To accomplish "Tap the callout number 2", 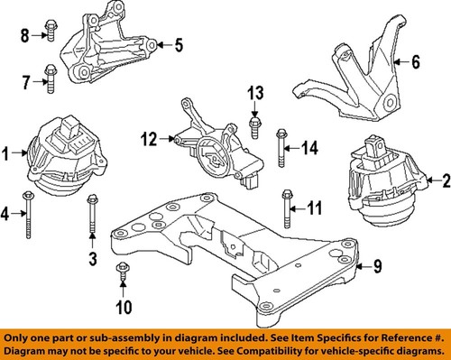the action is tap(444, 182).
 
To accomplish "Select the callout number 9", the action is tap(379, 266).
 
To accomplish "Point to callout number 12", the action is tap(148, 139).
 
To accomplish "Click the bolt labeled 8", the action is tap(50, 35).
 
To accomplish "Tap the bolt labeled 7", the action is tap(49, 82).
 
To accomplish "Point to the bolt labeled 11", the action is tap(287, 208).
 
